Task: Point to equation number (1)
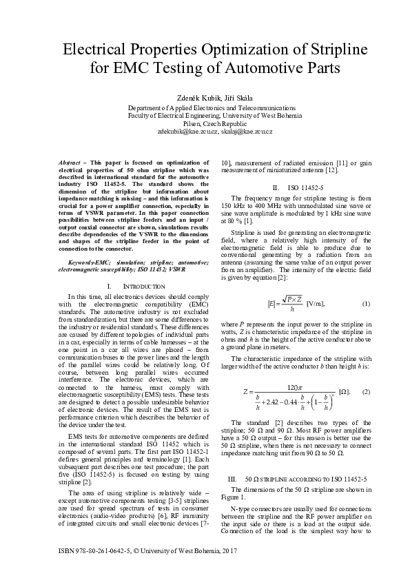point(366,303)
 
